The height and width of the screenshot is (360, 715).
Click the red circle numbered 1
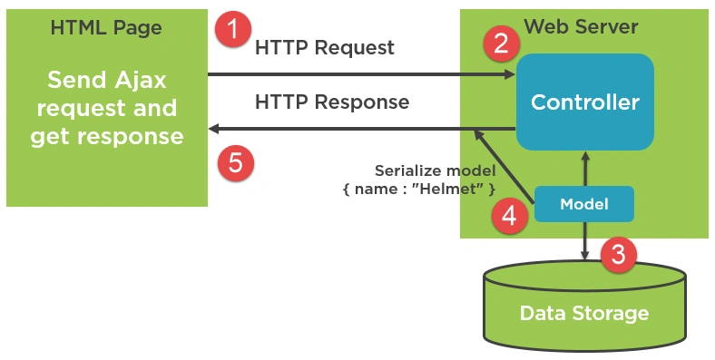[233, 29]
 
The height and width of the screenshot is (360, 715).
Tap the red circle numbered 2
[501, 44]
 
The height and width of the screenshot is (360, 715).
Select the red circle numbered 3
[618, 254]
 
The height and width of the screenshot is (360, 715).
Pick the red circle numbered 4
[509, 216]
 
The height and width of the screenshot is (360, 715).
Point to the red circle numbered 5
[235, 162]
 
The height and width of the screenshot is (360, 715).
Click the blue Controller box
[585, 102]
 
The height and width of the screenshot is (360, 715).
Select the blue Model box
[584, 204]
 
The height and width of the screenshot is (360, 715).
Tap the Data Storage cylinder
[584, 306]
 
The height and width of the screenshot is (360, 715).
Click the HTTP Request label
[325, 47]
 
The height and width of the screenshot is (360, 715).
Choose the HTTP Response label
[332, 102]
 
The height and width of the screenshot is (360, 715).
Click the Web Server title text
[581, 26]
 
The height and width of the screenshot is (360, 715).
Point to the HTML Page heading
[106, 28]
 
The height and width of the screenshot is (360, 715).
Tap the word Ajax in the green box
[141, 81]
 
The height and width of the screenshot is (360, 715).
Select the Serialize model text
[435, 170]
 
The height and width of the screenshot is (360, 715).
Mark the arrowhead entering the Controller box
[509, 74]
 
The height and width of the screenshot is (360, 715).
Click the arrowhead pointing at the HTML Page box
[214, 129]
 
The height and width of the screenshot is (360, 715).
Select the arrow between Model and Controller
[585, 168]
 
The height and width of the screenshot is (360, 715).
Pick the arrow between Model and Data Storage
[585, 241]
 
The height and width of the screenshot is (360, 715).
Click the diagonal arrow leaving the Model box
[504, 166]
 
